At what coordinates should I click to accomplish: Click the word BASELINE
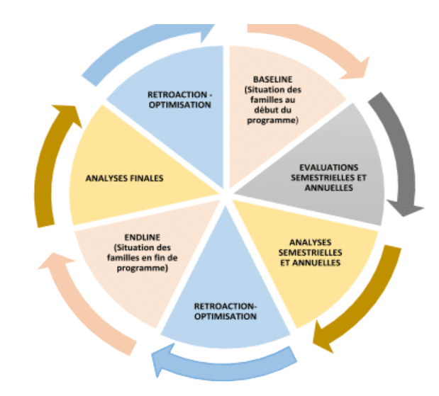click(271, 79)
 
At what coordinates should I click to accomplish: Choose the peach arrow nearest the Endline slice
click(78, 305)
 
